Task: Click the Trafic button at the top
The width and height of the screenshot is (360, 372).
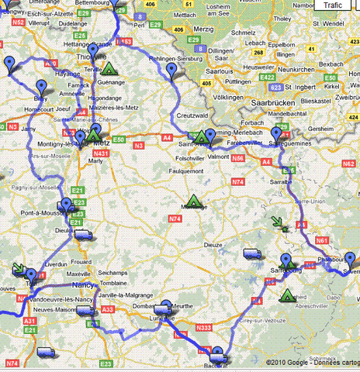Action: (332, 5)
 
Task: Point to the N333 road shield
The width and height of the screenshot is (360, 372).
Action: (204, 329)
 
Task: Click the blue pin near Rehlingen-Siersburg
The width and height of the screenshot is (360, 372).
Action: (172, 72)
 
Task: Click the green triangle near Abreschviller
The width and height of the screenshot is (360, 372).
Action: (288, 294)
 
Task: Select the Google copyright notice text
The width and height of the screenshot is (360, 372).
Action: (310, 362)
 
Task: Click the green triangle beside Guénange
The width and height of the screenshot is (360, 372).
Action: (109, 68)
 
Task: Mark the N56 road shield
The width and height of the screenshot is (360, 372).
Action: (238, 158)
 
